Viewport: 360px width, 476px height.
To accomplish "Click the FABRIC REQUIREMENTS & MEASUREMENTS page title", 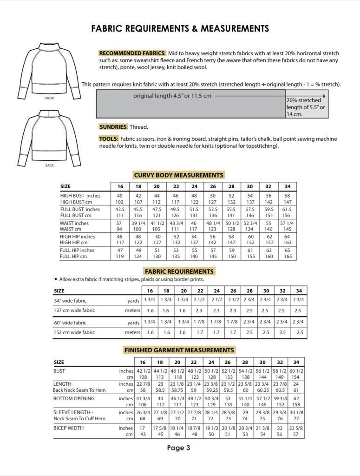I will click(180, 29).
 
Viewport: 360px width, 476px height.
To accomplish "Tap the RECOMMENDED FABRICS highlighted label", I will click(132, 53).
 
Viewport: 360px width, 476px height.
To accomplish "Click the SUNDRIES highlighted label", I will click(113, 127).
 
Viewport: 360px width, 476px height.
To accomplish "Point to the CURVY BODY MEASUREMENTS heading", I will click(179, 175).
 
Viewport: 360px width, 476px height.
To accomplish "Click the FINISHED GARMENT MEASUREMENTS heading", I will click(179, 350).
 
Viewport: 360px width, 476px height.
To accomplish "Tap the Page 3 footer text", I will click(179, 448).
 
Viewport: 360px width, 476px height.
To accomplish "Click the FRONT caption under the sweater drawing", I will click(50, 98).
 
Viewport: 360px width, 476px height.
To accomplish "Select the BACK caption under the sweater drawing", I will click(50, 165).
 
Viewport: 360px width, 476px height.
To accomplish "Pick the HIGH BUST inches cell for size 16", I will click(120, 196).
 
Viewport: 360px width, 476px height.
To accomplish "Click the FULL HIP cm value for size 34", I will click(288, 256).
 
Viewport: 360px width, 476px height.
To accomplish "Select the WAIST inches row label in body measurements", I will click(74, 223).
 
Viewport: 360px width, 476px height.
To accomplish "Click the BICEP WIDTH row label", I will click(68, 428).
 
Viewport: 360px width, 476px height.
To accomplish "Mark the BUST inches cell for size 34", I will click(296, 371).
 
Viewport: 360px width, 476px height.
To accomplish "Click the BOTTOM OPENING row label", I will click(74, 398).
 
